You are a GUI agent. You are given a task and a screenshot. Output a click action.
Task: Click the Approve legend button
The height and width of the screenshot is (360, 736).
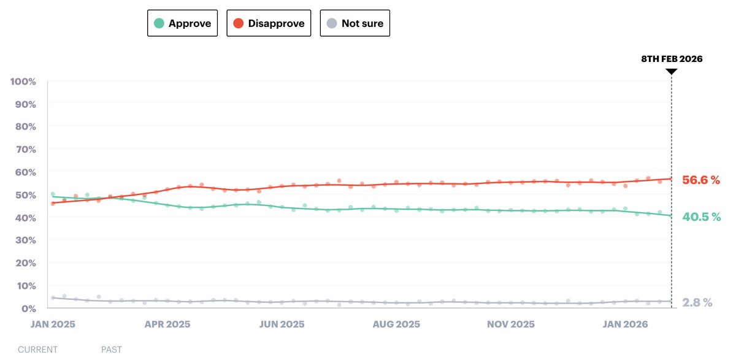coord(182,23)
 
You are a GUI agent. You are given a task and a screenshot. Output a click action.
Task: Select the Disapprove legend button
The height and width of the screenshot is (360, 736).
coord(269,23)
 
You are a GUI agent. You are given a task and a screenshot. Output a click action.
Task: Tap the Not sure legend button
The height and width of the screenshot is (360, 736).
coord(355,23)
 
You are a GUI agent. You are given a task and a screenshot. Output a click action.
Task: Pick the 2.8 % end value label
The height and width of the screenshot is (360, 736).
coord(697,302)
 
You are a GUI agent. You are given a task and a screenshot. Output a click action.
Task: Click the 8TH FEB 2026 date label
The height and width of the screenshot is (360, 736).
coord(672,59)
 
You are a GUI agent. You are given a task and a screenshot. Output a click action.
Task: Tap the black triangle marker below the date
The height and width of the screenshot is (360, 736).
coord(672,72)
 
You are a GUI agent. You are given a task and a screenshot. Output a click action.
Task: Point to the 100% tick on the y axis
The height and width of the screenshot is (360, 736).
coord(23,82)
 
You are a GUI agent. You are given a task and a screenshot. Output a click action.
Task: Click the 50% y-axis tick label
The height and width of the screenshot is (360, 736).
coord(25,195)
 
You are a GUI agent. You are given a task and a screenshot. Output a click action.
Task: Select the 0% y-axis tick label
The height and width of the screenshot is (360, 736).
coord(28,308)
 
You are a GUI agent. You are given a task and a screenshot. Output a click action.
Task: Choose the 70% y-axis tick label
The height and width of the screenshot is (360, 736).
coord(25,150)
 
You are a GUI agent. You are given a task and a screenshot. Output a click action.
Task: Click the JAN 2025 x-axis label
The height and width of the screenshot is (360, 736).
coord(53,324)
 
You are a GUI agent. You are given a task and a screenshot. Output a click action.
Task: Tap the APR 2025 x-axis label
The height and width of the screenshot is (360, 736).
coord(167,324)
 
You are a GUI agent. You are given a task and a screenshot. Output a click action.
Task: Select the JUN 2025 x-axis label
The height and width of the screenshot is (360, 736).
coord(282,324)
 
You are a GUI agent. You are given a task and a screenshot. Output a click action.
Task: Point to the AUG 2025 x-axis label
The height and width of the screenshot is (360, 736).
coord(396,324)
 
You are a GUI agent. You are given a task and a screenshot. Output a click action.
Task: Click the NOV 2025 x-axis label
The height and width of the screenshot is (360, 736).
coord(510,324)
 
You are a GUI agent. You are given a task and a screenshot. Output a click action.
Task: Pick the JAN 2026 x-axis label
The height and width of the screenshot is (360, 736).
coord(625,324)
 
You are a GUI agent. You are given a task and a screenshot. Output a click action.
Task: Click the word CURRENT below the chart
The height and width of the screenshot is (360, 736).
coord(37,350)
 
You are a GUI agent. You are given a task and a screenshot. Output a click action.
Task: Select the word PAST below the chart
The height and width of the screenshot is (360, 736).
coord(112,350)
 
